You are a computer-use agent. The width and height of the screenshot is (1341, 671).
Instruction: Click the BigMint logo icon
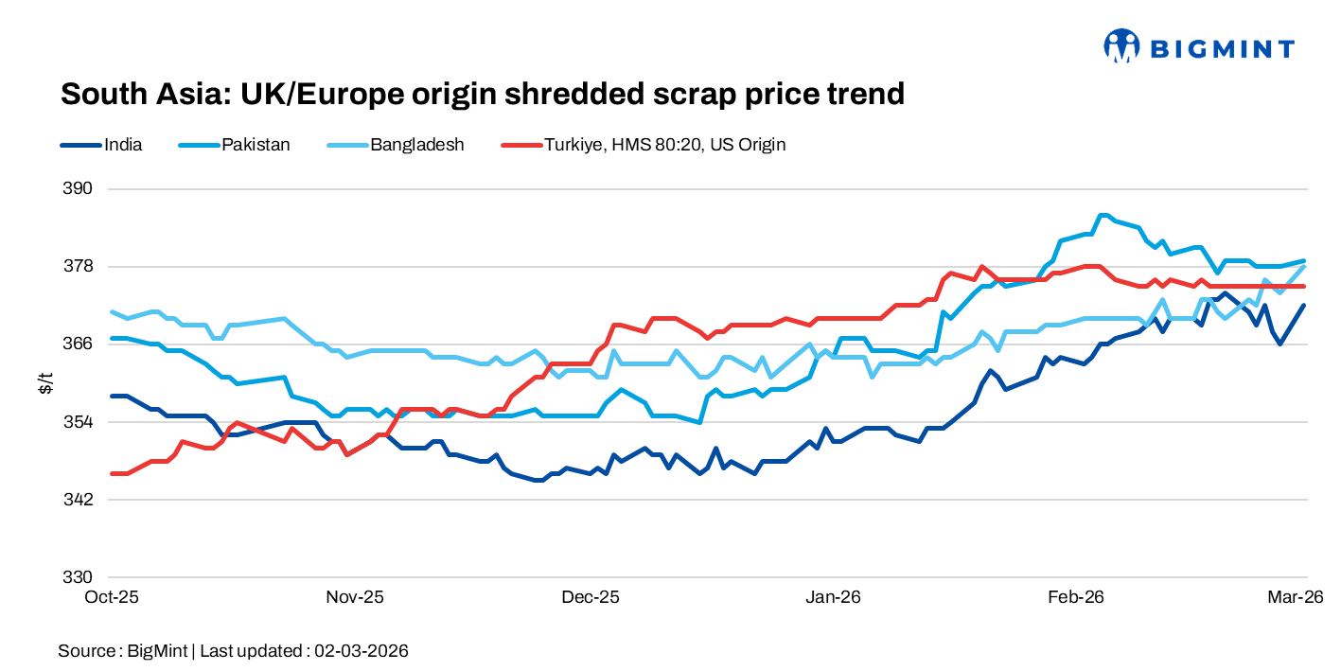tap(1121, 45)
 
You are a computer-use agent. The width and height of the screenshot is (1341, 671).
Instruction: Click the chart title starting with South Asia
tap(483, 94)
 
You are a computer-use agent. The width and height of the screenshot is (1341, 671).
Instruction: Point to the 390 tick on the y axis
tap(79, 188)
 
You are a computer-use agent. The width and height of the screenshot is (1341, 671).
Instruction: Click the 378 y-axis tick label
tap(79, 266)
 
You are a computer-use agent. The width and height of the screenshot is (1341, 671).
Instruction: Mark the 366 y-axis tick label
tap(79, 344)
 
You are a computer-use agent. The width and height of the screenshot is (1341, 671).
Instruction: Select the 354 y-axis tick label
tap(79, 421)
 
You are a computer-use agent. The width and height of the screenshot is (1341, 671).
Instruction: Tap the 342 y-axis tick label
tap(79, 499)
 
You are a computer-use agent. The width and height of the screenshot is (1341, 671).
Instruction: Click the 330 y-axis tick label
tap(79, 576)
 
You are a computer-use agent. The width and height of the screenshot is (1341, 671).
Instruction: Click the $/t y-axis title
tap(45, 382)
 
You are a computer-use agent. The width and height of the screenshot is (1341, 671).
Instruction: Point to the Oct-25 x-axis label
tap(113, 597)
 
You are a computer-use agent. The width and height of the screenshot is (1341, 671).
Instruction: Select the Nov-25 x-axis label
tap(355, 597)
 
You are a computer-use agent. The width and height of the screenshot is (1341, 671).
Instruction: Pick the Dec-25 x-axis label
tap(590, 597)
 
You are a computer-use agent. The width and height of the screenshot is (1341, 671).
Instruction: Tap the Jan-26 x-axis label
tap(833, 597)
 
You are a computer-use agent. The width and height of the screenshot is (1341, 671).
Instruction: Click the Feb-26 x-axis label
tap(1076, 597)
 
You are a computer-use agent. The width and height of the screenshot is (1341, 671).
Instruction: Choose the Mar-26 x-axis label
tap(1296, 597)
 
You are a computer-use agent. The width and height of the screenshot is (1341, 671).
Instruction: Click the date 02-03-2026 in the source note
tap(362, 651)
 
